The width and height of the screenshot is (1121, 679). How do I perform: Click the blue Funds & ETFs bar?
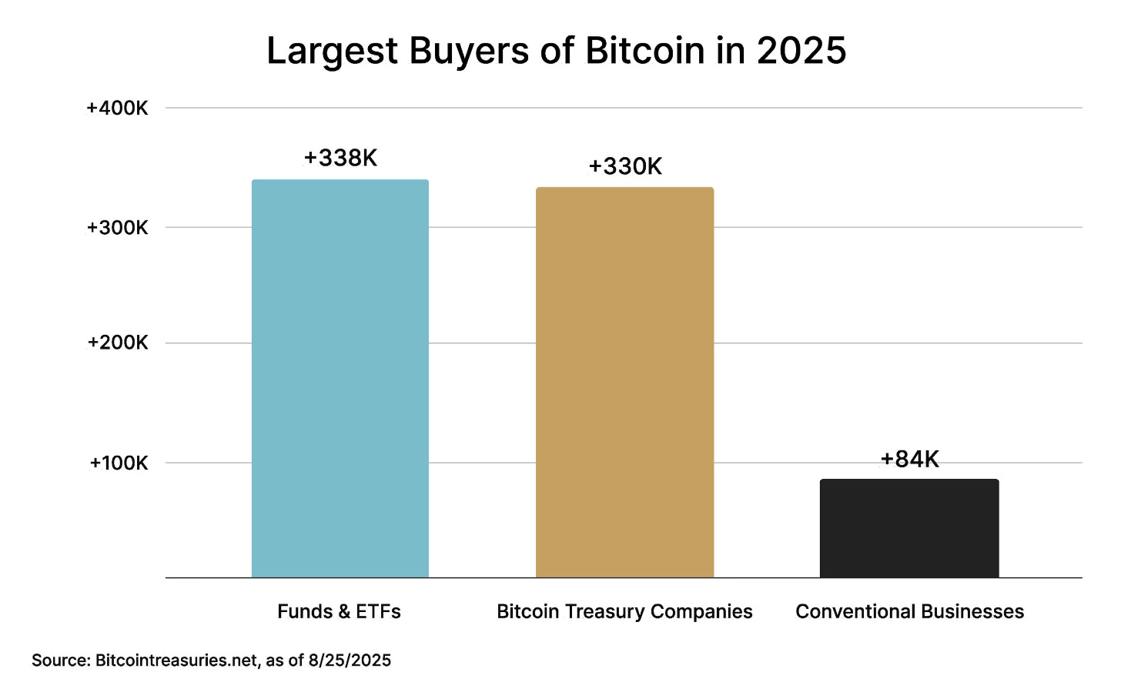(340, 378)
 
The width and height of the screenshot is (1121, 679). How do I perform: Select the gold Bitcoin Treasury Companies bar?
(624, 382)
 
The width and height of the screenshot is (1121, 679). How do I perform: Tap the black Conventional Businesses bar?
(909, 528)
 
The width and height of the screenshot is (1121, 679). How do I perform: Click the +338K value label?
(340, 158)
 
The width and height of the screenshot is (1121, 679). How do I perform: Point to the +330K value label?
(625, 166)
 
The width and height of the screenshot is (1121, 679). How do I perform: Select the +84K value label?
(909, 460)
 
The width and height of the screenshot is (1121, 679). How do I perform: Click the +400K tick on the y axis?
(117, 108)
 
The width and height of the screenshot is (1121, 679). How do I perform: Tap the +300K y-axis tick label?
(117, 228)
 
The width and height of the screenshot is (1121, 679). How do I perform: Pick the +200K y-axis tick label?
(117, 343)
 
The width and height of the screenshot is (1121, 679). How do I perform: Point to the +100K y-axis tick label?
(119, 463)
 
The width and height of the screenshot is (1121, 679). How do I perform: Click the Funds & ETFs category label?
(339, 611)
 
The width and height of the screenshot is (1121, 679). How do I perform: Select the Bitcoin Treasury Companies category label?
(624, 611)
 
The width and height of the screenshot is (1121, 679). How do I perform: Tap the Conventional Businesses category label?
(909, 611)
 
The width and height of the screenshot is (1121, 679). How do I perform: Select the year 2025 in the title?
(801, 51)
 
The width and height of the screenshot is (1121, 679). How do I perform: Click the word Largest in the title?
(333, 51)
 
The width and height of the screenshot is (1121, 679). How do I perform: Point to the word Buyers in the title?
(468, 51)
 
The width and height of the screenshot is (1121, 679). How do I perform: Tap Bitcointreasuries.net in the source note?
(176, 661)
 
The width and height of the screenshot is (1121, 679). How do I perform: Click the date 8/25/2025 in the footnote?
(350, 661)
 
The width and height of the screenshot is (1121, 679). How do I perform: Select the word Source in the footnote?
(59, 661)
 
